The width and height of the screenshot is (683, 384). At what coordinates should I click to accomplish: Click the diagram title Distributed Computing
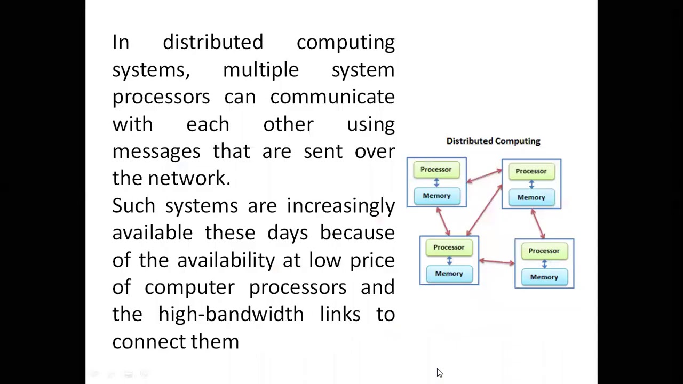(493, 141)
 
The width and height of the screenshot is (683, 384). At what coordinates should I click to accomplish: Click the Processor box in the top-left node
(436, 170)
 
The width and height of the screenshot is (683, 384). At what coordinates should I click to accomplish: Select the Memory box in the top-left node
(436, 196)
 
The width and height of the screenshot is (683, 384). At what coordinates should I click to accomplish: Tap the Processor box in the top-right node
(531, 171)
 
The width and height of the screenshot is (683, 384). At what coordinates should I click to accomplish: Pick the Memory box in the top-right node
(531, 197)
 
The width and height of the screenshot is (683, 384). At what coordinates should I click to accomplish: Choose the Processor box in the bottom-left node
(449, 247)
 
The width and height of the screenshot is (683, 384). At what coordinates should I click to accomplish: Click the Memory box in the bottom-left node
(449, 274)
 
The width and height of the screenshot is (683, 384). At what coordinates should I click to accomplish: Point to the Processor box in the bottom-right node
(544, 251)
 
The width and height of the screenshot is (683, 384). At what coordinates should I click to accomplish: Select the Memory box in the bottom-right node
(544, 277)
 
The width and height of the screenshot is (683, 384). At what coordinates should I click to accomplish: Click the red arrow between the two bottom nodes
(497, 261)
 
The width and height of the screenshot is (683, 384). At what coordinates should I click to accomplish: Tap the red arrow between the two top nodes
(485, 177)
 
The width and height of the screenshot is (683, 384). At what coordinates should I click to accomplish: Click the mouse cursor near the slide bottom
(439, 373)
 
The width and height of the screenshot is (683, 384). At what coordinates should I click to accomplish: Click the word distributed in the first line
(213, 42)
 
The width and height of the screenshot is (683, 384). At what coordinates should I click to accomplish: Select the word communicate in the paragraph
(332, 97)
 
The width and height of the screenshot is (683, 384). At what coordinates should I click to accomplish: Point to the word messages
(156, 151)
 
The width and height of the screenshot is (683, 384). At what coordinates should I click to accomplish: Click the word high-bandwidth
(231, 314)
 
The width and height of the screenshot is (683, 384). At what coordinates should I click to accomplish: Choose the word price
(372, 260)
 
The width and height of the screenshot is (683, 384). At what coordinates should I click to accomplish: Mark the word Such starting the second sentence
(133, 205)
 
